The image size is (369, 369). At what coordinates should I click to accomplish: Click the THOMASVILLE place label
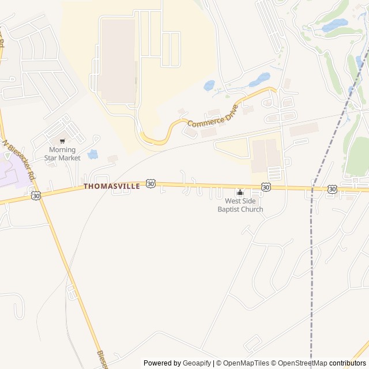(x=111, y=186)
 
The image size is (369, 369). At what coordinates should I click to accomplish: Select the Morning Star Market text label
(x=62, y=154)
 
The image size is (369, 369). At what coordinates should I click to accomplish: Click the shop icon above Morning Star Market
(x=62, y=141)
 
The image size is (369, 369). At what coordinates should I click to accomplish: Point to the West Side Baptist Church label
(x=240, y=205)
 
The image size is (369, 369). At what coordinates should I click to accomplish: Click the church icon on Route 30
(x=240, y=192)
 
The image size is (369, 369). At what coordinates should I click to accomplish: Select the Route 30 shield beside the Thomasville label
(x=150, y=183)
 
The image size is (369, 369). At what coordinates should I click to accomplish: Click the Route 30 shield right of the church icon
(x=266, y=187)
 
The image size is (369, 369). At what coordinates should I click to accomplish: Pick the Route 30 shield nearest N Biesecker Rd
(x=36, y=195)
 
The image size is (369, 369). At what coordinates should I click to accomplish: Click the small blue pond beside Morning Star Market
(x=92, y=154)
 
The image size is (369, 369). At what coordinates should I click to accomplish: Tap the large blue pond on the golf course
(x=334, y=25)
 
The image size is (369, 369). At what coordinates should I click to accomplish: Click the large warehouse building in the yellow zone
(x=118, y=61)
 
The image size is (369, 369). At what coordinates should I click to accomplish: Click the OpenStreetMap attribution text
(x=299, y=363)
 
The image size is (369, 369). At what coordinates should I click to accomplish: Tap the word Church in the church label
(x=251, y=209)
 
